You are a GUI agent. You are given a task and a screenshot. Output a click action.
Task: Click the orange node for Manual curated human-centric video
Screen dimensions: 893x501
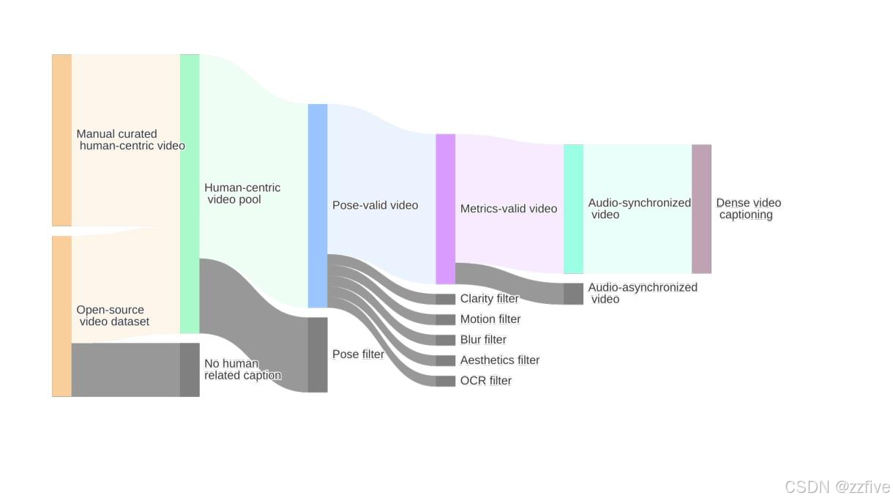click(x=61, y=140)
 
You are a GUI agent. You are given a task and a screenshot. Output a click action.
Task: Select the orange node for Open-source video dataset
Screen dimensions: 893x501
click(x=61, y=316)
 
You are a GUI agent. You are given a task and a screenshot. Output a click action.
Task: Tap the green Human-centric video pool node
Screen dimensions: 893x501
click(x=190, y=194)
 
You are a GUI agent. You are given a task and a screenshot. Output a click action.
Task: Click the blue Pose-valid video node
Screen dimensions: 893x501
click(x=318, y=206)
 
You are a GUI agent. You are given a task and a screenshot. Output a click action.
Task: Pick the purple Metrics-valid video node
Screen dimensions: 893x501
click(x=446, y=209)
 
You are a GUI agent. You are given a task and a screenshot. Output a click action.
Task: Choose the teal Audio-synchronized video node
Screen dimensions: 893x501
click(x=574, y=209)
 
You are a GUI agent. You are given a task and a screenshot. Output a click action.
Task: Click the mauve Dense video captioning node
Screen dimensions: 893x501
click(x=702, y=209)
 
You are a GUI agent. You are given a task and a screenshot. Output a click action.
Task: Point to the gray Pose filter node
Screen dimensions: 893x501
click(x=318, y=355)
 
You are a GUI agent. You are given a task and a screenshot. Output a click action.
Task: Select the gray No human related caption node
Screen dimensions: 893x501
click(x=190, y=370)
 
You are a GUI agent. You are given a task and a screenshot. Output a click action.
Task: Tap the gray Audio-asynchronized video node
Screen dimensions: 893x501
click(x=574, y=294)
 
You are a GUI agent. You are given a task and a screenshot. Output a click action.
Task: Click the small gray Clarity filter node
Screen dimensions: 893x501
click(x=446, y=299)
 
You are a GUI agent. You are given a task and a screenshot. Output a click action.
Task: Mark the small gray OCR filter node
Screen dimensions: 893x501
click(x=446, y=382)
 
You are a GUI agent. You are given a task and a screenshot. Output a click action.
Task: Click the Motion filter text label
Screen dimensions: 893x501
click(x=490, y=319)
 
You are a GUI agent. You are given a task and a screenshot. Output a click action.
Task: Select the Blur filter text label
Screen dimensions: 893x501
click(x=483, y=339)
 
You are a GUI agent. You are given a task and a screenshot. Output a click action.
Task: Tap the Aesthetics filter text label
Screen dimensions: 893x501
click(x=500, y=360)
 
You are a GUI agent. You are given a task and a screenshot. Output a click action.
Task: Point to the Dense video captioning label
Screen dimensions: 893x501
click(x=748, y=209)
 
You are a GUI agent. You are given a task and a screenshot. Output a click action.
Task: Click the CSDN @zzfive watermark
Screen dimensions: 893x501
click(x=837, y=487)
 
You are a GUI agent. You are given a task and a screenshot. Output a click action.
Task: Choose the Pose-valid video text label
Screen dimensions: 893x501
click(x=375, y=205)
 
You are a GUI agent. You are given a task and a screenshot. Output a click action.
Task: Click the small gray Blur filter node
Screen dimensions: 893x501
click(x=446, y=341)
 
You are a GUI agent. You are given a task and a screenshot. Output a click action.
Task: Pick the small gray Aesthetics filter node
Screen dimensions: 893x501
click(x=446, y=360)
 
